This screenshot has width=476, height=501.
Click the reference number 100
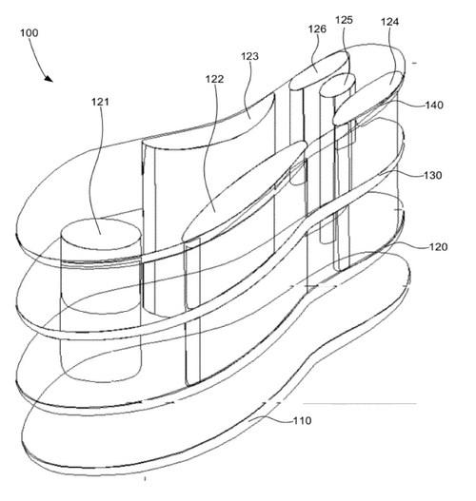tap(30, 33)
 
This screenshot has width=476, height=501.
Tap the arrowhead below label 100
tap(49, 78)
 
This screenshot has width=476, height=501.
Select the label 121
tap(100, 102)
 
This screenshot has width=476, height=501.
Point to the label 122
tap(214, 79)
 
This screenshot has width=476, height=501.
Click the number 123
tap(249, 56)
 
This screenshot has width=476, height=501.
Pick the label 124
tap(389, 22)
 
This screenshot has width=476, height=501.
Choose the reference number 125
tap(344, 20)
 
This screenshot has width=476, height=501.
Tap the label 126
tap(317, 29)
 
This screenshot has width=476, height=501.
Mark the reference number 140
tap(434, 106)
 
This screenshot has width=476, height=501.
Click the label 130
tap(433, 176)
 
